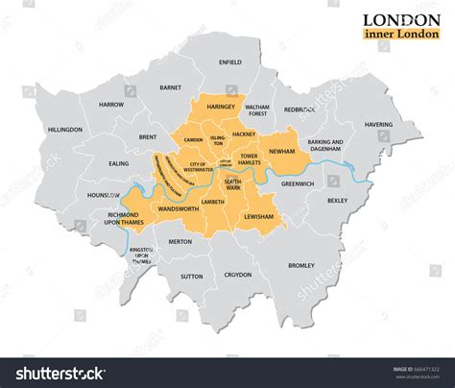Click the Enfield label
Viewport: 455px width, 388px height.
coord(230,62)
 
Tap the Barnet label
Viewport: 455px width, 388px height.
coord(171,87)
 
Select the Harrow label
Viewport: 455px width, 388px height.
coord(111,104)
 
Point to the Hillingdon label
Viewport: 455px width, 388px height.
coord(65,128)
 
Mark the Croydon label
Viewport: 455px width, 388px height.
coord(238,275)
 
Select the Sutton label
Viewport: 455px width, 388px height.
coord(192,277)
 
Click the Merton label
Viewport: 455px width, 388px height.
coord(180,242)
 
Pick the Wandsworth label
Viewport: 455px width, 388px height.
coord(175,208)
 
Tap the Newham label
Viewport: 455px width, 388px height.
coord(309,152)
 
